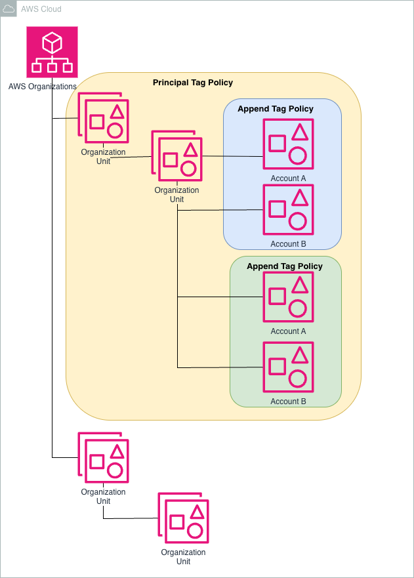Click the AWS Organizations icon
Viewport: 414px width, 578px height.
52,52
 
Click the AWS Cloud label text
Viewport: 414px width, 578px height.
41,9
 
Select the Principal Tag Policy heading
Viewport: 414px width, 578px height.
193,83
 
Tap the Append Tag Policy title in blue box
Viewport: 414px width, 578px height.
276,109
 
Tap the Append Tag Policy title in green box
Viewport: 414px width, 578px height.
285,266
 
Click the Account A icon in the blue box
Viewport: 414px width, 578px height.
288,144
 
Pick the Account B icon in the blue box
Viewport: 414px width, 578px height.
288,209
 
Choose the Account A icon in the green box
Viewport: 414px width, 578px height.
288,297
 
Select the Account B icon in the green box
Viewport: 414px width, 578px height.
288,367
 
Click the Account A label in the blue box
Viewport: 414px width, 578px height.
288,178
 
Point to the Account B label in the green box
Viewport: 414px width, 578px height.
288,402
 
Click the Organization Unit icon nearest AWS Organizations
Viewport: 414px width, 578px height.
104,118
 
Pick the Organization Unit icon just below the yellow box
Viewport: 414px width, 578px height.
104,458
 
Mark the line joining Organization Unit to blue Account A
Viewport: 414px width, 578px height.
233,156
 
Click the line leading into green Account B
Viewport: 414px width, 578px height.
220,367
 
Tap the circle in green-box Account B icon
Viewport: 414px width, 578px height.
297,378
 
